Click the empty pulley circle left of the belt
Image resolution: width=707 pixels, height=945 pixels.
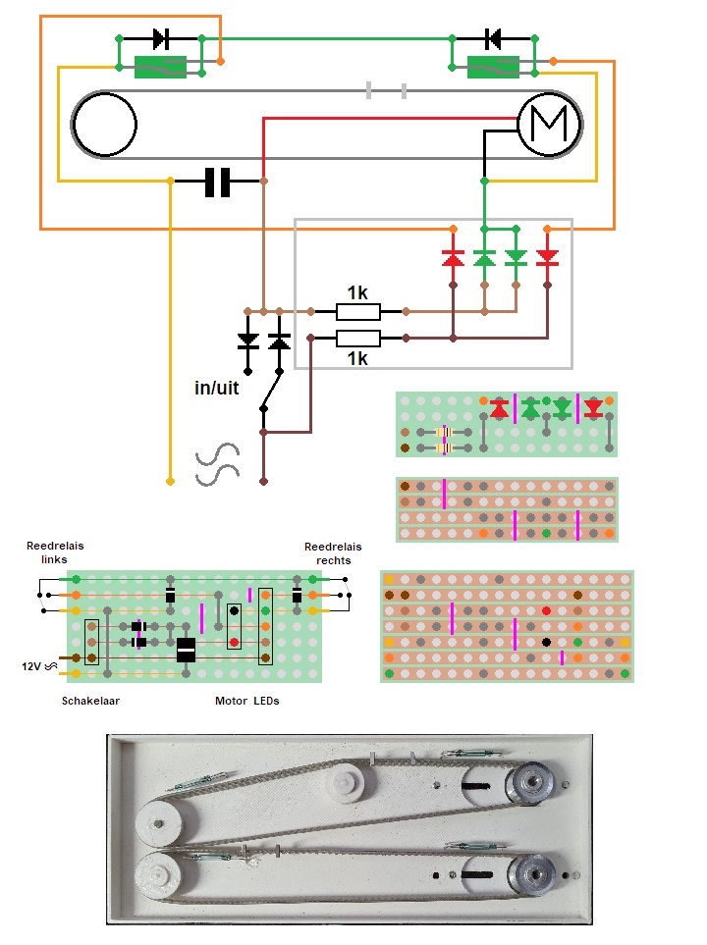[104, 125]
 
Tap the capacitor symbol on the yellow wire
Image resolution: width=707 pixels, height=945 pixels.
[217, 182]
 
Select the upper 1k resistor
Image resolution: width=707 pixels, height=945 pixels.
[357, 312]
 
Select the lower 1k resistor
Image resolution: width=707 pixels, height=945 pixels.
[357, 339]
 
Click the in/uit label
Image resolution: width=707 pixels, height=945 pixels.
[216, 388]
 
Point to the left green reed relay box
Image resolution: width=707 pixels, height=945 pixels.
[161, 67]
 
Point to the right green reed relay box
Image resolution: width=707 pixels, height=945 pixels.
[494, 67]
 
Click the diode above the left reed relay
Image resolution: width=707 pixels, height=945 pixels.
[161, 39]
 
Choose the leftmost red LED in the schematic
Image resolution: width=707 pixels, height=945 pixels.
[453, 258]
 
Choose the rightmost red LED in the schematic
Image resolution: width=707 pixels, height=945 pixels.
[548, 258]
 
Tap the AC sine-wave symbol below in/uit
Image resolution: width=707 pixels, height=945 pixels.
[218, 465]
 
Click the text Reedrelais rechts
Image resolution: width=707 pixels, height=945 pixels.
[333, 553]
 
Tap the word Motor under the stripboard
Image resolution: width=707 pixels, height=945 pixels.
[232, 702]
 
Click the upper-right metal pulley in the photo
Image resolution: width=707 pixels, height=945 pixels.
[530, 782]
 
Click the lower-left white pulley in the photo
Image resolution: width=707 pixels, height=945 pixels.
[157, 872]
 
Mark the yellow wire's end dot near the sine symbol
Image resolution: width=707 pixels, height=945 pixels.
[171, 482]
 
